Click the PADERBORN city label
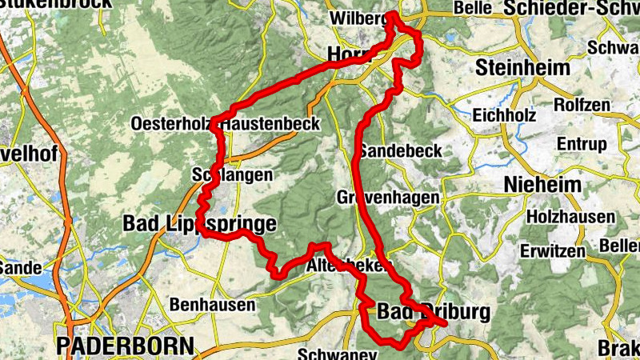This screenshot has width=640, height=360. point(126,346)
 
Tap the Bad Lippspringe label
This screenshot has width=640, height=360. point(199,224)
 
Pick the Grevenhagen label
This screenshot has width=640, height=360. point(388,197)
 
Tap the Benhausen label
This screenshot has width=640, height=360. point(213,305)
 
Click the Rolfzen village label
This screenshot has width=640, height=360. point(582,105)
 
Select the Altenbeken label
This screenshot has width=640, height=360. point(347,264)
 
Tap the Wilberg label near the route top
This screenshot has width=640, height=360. point(357,18)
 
